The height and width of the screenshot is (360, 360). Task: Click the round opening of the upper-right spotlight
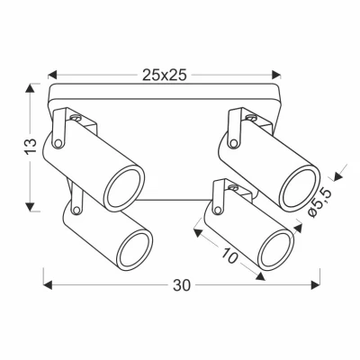(x=299, y=185)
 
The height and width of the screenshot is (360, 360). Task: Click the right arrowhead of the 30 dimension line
(x=318, y=287)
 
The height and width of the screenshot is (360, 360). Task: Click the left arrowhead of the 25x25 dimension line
(x=52, y=76)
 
